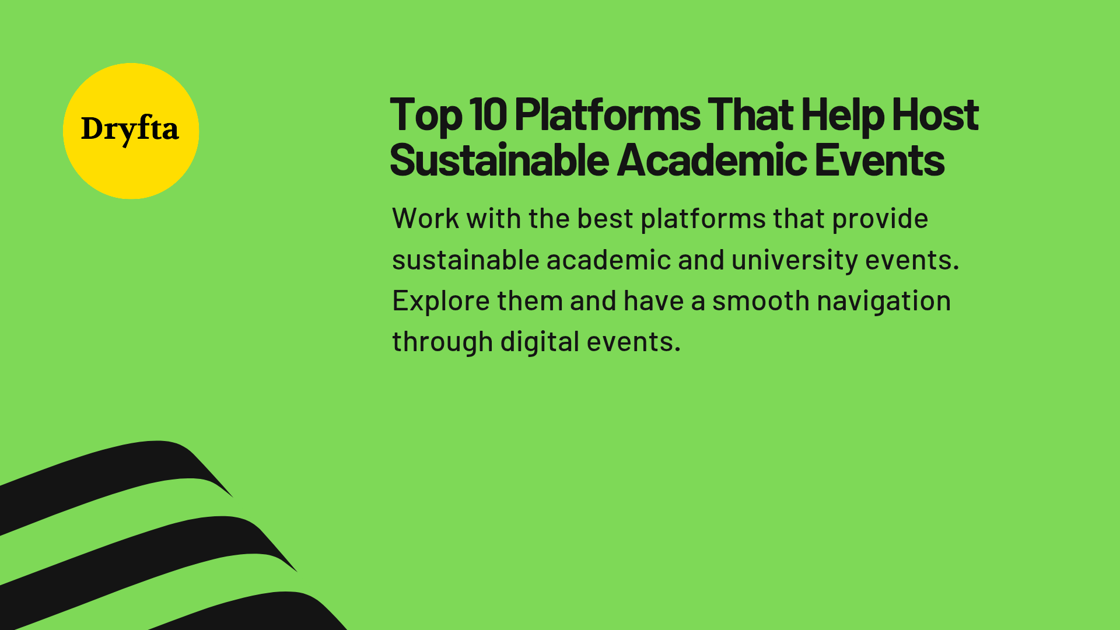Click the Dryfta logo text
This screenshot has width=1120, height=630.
click(129, 129)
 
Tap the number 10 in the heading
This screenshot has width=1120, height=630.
click(488, 114)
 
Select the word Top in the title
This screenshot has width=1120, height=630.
click(426, 116)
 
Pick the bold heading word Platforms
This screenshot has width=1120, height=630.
click(607, 114)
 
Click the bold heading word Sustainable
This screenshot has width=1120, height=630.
click(499, 160)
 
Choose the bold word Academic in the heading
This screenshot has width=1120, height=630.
click(712, 160)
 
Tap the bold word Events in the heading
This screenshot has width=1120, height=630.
click(879, 160)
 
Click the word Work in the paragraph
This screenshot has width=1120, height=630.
click(425, 219)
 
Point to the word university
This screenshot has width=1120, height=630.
click(794, 261)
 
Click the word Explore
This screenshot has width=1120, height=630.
click(441, 302)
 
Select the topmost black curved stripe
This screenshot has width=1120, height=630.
click(117, 473)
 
